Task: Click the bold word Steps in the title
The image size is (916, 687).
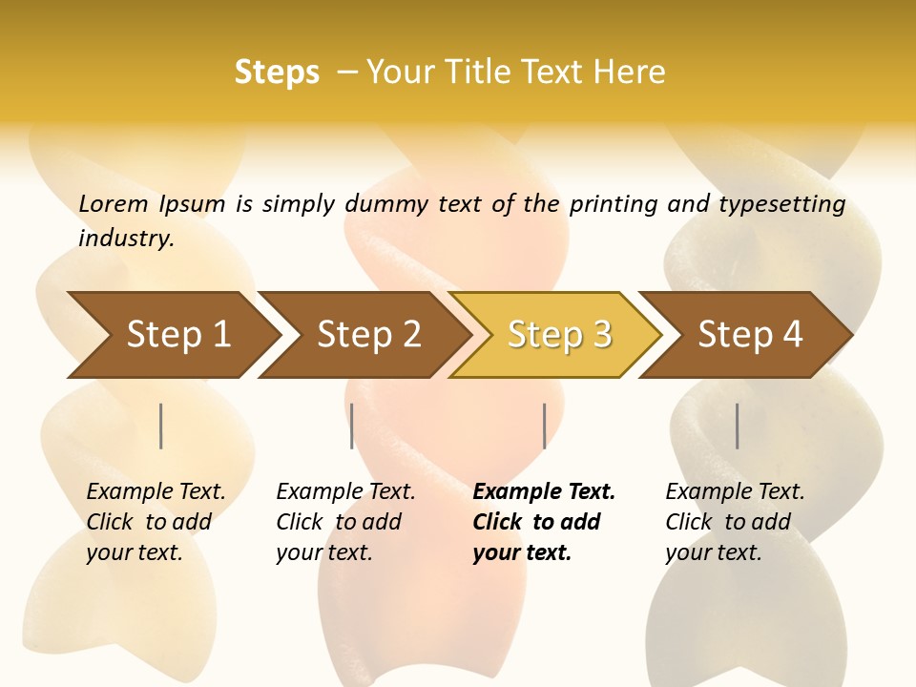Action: [277, 73]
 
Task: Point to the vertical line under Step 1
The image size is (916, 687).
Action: [161, 426]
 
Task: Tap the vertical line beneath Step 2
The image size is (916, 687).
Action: [352, 426]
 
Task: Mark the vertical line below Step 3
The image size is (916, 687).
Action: [544, 426]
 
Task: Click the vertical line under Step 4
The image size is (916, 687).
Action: [738, 426]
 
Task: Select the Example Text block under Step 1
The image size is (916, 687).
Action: [156, 522]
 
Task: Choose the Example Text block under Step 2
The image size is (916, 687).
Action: [345, 522]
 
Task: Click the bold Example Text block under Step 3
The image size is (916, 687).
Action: [544, 522]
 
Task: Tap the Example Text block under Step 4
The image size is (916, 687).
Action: [735, 522]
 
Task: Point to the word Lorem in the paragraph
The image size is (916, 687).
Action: [113, 204]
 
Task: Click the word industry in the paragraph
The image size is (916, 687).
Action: [126, 239]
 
